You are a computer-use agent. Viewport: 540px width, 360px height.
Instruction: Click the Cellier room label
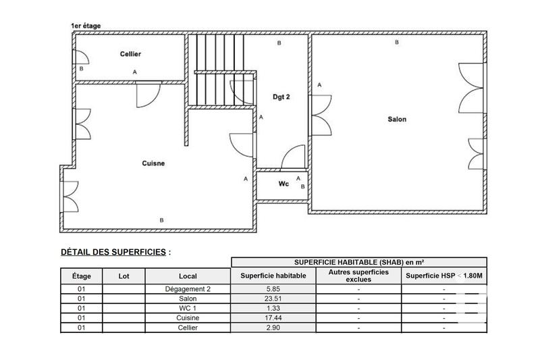pyautogui.click(x=130, y=54)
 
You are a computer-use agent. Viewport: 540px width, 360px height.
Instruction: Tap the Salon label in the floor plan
pyautogui.click(x=397, y=120)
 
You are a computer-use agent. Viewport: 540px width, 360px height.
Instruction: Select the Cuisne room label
pyautogui.click(x=154, y=163)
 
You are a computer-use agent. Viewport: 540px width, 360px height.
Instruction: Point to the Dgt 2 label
pyautogui.click(x=281, y=97)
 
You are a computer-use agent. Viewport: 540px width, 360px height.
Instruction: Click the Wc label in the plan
pyautogui.click(x=283, y=184)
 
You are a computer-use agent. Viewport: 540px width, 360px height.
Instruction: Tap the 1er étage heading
pyautogui.click(x=86, y=26)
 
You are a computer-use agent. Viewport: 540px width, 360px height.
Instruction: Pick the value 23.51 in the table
pyautogui.click(x=273, y=298)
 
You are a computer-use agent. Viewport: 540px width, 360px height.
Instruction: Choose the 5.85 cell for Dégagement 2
pyautogui.click(x=273, y=288)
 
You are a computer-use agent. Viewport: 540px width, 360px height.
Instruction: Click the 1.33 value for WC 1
pyautogui.click(x=273, y=308)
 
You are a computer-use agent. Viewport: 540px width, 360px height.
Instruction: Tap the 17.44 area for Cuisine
pyautogui.click(x=273, y=317)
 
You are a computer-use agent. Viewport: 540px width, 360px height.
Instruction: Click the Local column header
pyautogui.click(x=188, y=276)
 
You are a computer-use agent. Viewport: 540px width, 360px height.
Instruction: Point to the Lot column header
pyautogui.click(x=124, y=276)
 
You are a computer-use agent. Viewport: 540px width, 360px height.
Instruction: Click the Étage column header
pyautogui.click(x=82, y=276)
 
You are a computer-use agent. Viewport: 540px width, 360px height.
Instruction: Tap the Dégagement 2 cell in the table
pyautogui.click(x=188, y=288)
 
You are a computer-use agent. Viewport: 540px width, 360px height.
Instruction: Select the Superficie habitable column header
pyautogui.click(x=273, y=276)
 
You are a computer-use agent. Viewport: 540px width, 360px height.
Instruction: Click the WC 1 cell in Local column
pyautogui.click(x=188, y=308)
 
